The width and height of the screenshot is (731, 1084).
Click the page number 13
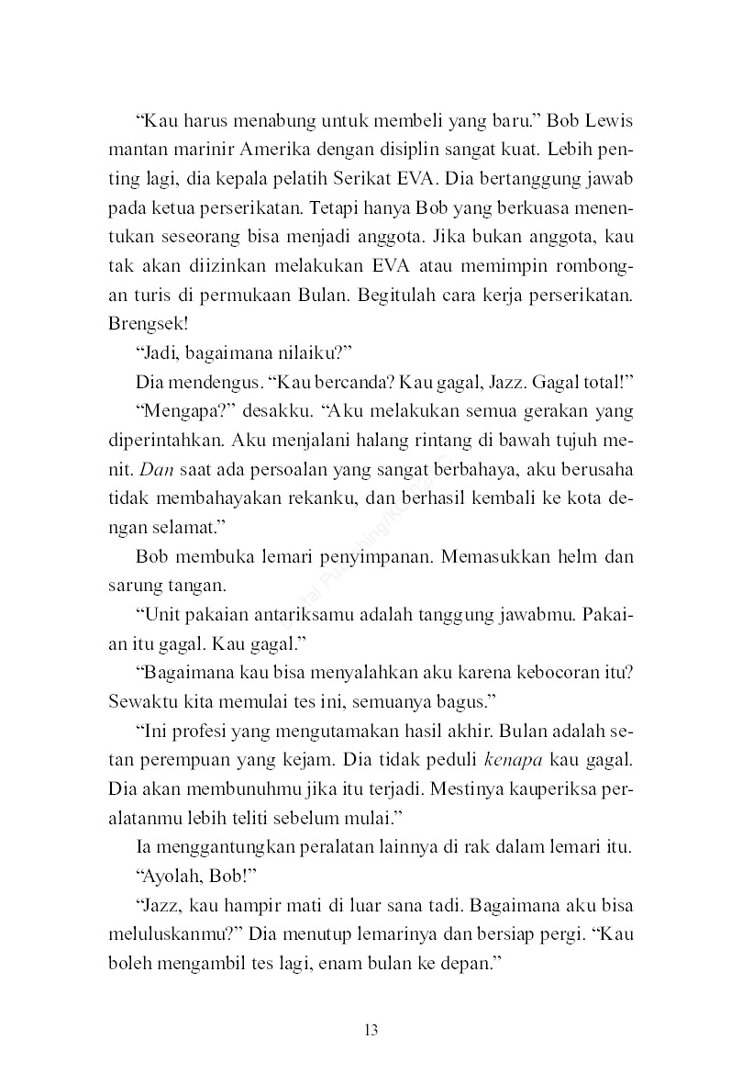pyautogui.click(x=371, y=1029)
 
